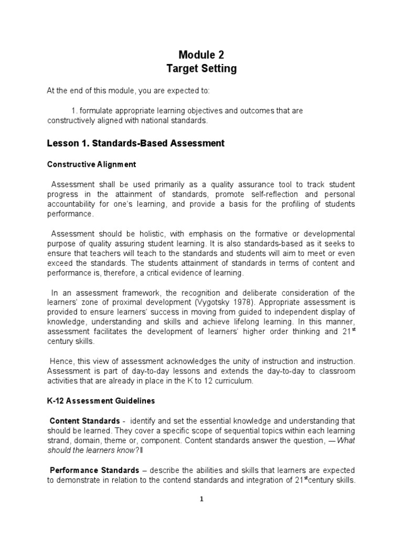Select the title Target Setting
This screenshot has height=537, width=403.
coord(201,69)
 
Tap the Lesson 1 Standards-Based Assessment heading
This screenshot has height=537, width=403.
coord(136,143)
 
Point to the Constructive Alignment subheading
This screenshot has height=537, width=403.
coord(91,164)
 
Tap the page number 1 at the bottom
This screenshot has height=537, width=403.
coord(201,499)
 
